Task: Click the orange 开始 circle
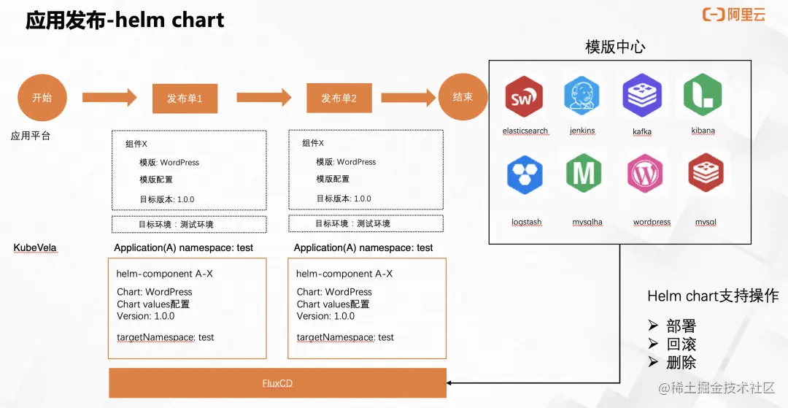(42, 97)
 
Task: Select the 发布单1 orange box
(185, 98)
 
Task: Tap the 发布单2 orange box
(339, 98)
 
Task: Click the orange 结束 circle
(463, 97)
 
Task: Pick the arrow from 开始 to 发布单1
(109, 97)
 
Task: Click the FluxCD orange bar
(277, 383)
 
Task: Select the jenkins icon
(582, 96)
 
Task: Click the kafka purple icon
(642, 96)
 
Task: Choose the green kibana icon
(703, 96)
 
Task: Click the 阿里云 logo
(734, 15)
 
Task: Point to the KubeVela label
(35, 248)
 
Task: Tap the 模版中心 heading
(615, 47)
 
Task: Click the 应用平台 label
(31, 136)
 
